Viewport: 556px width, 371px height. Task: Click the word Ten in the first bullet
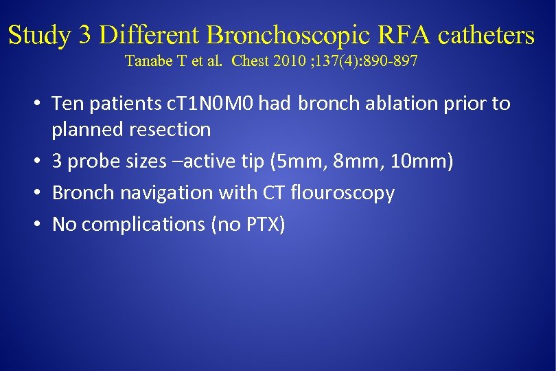(x=67, y=104)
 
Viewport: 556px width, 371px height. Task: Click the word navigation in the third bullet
(x=167, y=194)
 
